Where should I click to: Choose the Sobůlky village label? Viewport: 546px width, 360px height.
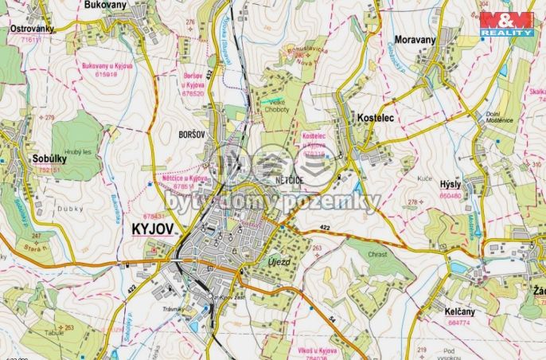[x=49, y=159]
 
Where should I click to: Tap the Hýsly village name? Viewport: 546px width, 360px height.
[x=450, y=184]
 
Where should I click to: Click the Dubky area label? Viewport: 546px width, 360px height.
[x=69, y=209]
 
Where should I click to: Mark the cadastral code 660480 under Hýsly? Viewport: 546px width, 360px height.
[x=450, y=194]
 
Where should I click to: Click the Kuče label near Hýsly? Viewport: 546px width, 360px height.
[x=423, y=178]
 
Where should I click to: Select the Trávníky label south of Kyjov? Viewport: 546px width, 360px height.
[x=174, y=309]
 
